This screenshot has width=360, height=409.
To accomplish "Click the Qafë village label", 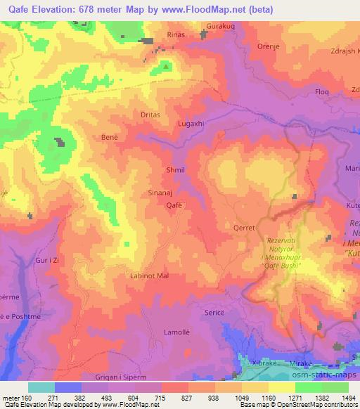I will pyautogui.click(x=174, y=205).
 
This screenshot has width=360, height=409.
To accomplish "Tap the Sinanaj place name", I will pyautogui.click(x=174, y=190).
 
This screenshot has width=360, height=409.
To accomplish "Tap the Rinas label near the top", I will pyautogui.click(x=175, y=34).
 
